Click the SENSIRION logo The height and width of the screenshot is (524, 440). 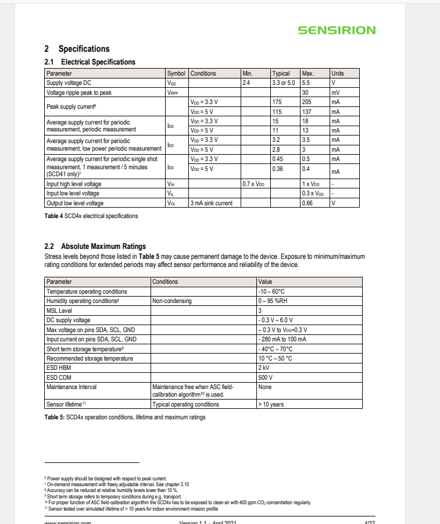(x=337, y=30)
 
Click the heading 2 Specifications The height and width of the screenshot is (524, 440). (x=77, y=49)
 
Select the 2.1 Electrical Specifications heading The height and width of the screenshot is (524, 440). (x=90, y=62)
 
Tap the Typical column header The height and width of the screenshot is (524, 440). (x=281, y=74)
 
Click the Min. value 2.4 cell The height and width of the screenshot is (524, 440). (x=246, y=83)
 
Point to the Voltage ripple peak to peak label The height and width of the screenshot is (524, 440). (x=78, y=92)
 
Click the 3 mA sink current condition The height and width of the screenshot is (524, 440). (x=212, y=203)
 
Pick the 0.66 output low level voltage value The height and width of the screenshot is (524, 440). (x=307, y=203)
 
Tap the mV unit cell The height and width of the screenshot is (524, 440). (x=335, y=92)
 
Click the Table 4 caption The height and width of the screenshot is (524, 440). (x=91, y=216)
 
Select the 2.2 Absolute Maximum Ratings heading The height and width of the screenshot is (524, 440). (x=95, y=246)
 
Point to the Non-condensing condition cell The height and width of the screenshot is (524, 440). (x=172, y=301)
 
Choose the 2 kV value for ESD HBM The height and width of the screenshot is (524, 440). (x=264, y=368)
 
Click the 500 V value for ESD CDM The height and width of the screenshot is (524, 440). (x=265, y=377)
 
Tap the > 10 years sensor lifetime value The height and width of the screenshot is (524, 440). (x=271, y=404)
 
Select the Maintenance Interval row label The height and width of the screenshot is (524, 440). (x=72, y=387)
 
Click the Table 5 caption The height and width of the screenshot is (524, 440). (x=125, y=417)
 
